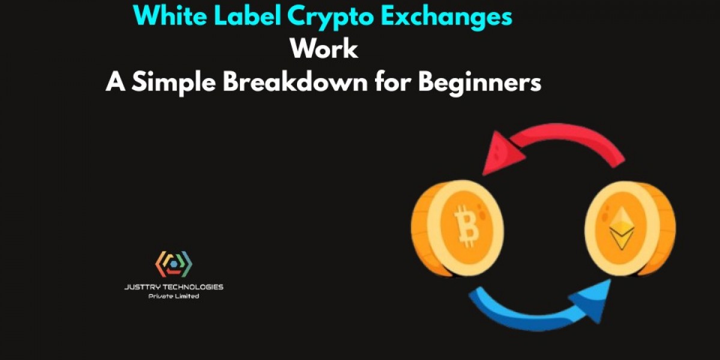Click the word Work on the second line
(324, 49)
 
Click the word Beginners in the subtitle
(479, 83)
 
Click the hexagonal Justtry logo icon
(173, 264)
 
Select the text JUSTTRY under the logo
(143, 287)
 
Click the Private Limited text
(173, 296)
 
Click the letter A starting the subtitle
(114, 82)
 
